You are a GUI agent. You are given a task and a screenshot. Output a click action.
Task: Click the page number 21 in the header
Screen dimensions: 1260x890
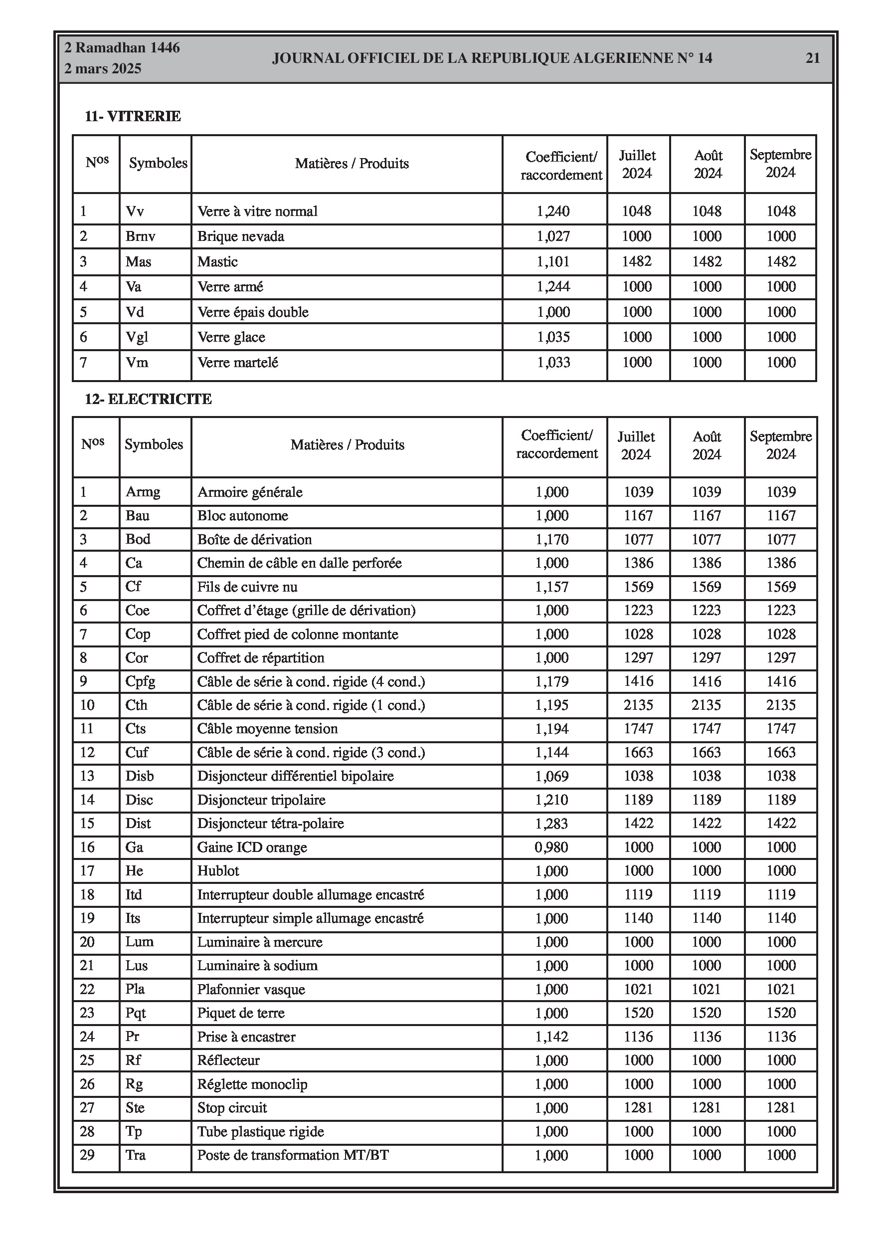812,58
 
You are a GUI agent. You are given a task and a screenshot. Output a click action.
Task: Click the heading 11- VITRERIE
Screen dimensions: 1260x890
132,116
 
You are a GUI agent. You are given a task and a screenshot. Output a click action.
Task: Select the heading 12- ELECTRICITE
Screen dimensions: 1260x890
148,399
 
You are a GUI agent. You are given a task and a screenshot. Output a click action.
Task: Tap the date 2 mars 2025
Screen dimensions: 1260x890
103,69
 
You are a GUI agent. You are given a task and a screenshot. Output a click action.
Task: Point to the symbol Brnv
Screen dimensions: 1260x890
141,236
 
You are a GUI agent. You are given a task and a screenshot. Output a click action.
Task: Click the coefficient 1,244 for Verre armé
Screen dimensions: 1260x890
553,286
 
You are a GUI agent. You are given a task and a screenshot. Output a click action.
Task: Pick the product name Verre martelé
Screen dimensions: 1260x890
238,362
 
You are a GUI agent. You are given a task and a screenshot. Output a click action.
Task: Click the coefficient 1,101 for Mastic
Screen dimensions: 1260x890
553,262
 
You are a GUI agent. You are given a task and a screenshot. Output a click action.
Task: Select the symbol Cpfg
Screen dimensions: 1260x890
141,681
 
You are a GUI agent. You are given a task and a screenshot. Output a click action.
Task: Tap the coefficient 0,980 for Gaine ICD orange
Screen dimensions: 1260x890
551,847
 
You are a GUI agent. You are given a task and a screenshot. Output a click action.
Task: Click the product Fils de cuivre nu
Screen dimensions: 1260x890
247,587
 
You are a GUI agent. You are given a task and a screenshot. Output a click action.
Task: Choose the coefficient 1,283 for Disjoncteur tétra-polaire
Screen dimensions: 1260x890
551,824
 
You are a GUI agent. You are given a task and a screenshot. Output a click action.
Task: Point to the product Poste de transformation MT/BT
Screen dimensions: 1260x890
293,1155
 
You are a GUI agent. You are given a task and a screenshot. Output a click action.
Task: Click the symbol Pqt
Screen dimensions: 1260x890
136,1013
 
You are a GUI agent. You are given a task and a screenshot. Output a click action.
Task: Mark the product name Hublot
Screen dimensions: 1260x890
218,871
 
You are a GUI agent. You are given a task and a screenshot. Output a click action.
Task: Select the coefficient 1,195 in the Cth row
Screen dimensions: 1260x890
551,705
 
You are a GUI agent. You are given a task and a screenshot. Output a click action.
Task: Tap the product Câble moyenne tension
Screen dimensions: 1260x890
267,729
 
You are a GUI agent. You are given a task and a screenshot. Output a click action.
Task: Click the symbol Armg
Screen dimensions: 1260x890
143,492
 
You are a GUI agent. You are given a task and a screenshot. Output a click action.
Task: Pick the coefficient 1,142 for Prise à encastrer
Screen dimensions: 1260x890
551,1037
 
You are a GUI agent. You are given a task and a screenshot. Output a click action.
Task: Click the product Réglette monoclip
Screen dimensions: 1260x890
252,1084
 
